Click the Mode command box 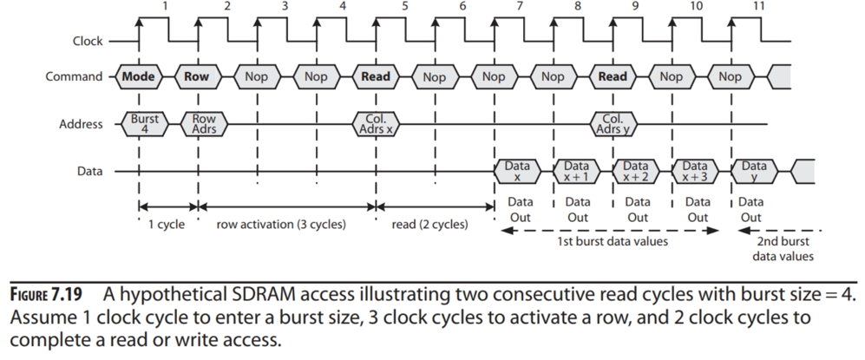138,76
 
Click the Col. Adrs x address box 376,124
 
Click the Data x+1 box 578,172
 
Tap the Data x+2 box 638,172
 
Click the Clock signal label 88,41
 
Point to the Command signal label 75,77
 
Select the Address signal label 79,124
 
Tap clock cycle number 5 405,7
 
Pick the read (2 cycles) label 429,225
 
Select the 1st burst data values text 612,242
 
